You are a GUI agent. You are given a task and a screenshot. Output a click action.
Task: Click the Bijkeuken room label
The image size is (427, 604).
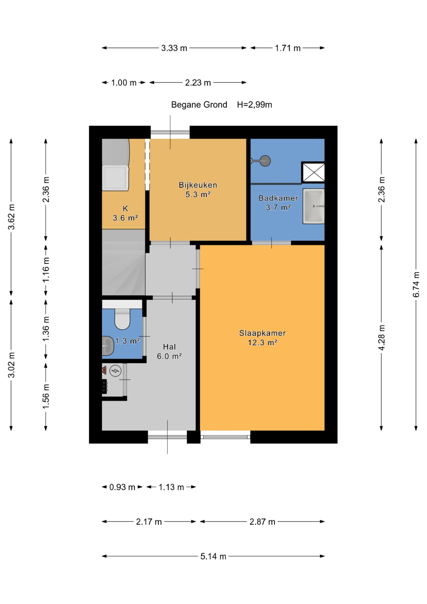point(198,185)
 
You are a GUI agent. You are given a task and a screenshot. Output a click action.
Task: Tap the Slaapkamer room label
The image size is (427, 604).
point(262,333)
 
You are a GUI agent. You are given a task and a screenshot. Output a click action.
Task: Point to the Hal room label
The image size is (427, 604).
point(169,347)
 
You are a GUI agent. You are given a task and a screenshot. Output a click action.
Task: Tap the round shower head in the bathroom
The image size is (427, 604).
point(265,161)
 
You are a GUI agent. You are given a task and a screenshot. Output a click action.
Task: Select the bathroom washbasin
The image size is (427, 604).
point(314,206)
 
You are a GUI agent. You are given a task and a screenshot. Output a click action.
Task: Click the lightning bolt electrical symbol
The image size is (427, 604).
point(115,371)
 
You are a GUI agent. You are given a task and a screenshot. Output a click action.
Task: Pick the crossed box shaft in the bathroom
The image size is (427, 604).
point(313,172)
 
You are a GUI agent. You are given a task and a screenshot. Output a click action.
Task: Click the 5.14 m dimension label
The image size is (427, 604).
point(213,556)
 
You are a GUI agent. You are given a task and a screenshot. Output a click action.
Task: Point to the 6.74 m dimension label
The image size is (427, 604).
point(416,285)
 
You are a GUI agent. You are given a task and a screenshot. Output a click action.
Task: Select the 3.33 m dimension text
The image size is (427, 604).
point(174,48)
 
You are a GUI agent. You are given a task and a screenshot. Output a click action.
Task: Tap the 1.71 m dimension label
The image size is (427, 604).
point(288,48)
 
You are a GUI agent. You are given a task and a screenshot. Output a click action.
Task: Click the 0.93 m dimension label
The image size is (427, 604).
point(122,487)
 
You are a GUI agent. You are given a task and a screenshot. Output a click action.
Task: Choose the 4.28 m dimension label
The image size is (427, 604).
point(381,338)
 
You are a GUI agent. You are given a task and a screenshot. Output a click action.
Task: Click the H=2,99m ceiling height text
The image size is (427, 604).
point(254,105)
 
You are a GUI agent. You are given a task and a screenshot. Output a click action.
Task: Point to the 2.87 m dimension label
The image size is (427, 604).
point(262,522)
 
